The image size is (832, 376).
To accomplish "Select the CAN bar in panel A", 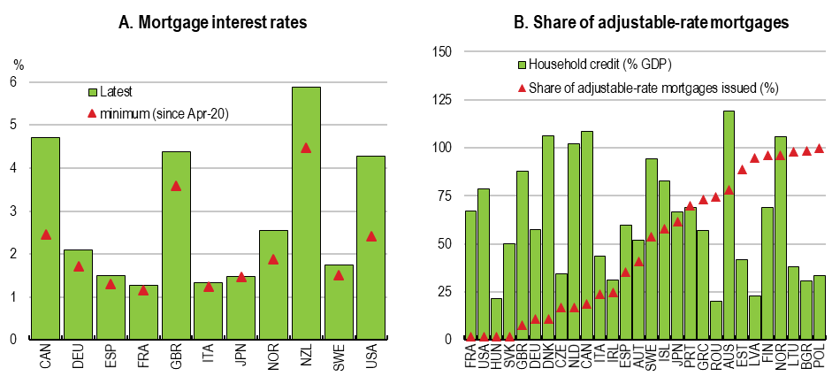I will click(45, 239).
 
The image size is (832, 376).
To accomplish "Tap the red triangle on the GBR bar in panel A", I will click(175, 186).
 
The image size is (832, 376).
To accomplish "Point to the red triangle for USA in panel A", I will click(370, 236).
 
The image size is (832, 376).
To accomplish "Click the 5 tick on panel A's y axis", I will click(13, 125).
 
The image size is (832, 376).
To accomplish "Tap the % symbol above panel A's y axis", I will click(17, 63).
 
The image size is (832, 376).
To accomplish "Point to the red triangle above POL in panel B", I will click(819, 148).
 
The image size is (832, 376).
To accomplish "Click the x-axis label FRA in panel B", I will click(469, 357).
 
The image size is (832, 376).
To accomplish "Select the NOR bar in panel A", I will click(273, 283).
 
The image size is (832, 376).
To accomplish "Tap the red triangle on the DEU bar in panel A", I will click(78, 266).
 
